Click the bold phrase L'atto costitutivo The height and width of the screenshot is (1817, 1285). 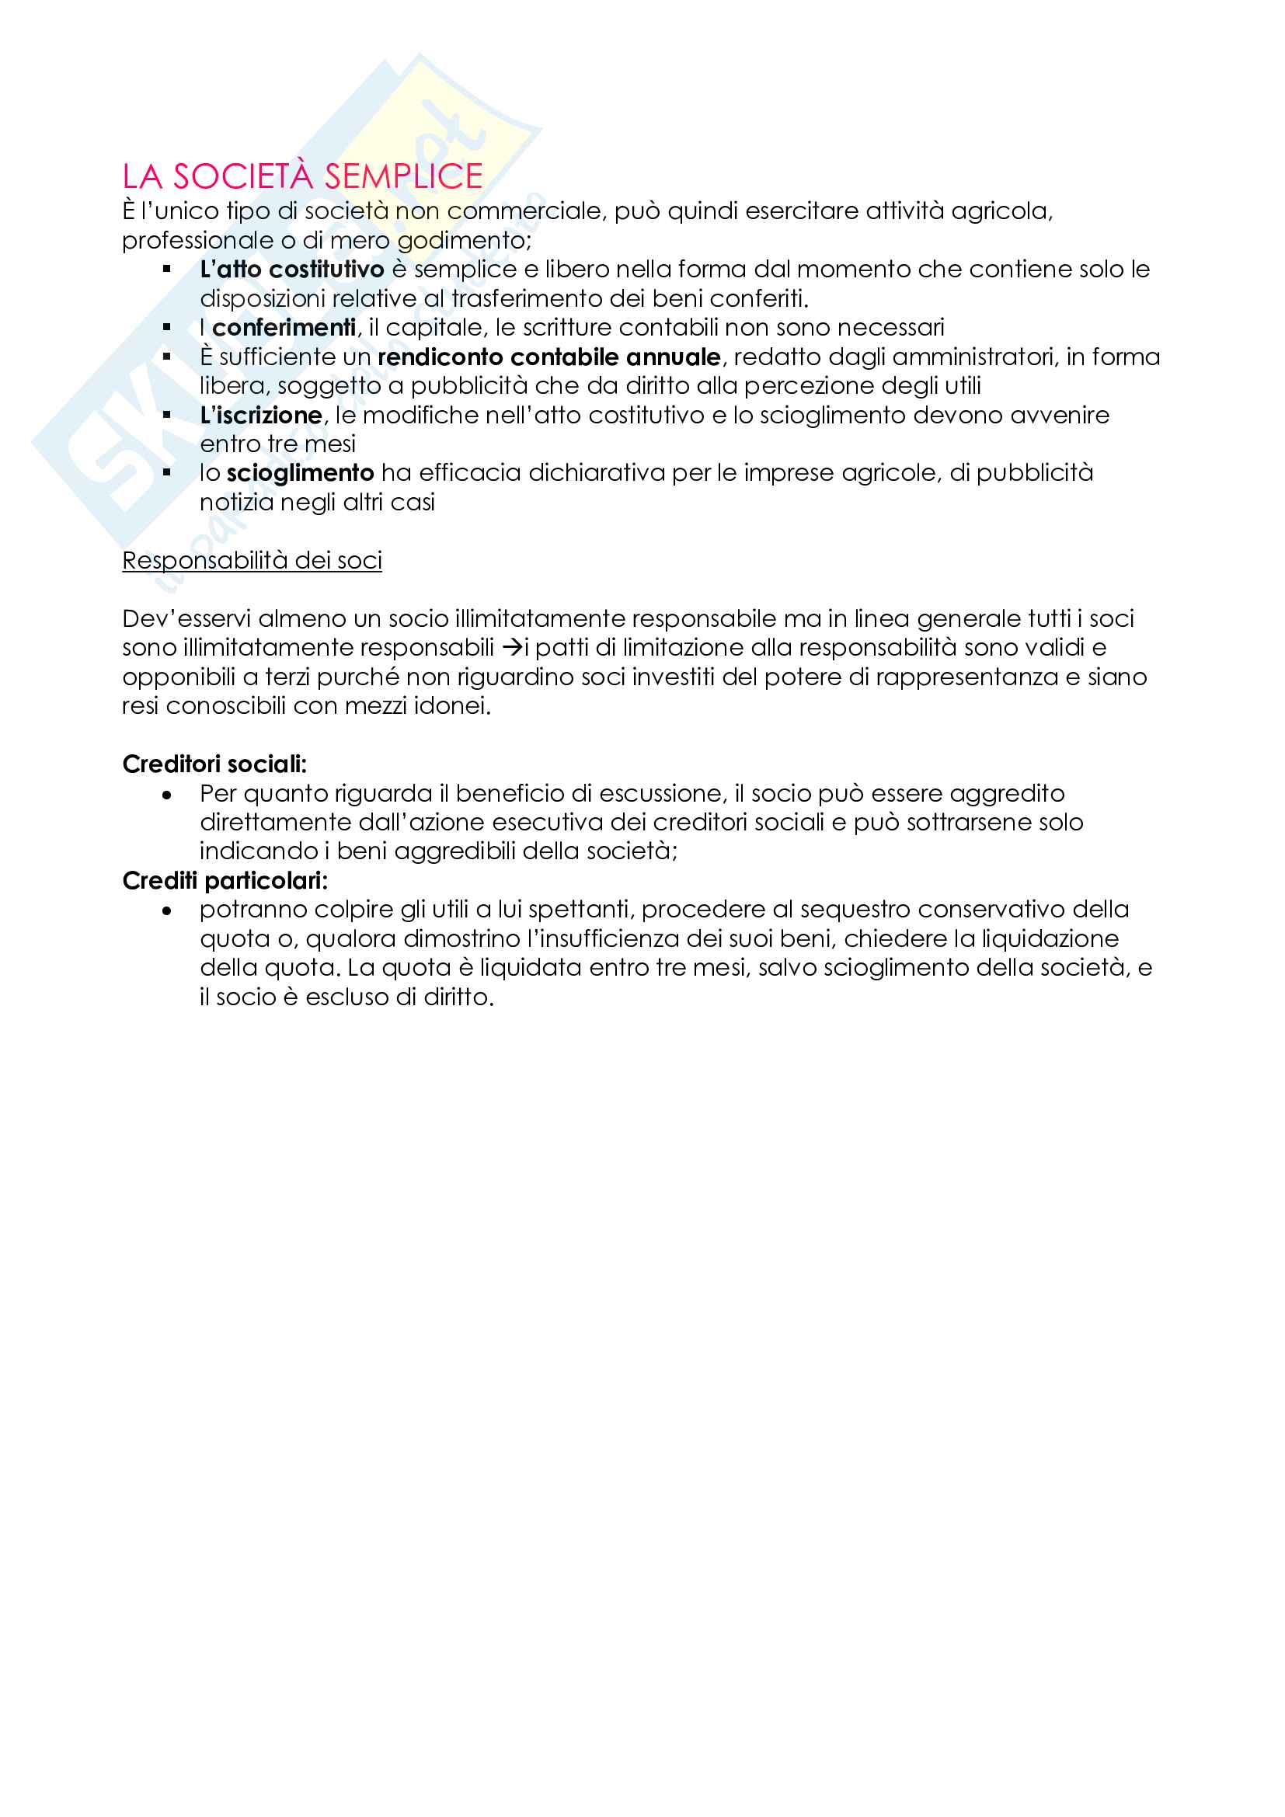tap(292, 270)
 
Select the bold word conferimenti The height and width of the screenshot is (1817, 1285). tap(284, 328)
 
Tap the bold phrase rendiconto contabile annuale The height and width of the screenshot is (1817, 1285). tap(549, 357)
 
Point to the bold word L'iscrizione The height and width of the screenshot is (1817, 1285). tap(261, 416)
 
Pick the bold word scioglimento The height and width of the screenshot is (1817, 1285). tap(300, 473)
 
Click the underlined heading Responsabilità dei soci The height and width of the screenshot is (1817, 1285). tap(252, 560)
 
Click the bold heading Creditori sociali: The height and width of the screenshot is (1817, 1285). tap(214, 764)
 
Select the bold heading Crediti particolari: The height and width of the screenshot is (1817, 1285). tap(225, 881)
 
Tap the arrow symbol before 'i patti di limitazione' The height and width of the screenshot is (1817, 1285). tap(513, 648)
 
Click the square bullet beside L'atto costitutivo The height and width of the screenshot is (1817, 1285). tap(167, 270)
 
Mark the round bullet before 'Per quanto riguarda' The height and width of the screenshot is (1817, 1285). tap(166, 795)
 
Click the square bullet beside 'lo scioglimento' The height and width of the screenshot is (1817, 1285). tap(167, 473)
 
